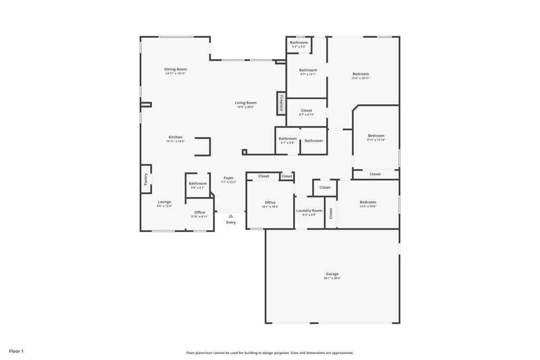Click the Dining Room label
pos(175,69)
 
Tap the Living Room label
pos(246,103)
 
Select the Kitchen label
pos(175,137)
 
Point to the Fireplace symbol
pos(281,103)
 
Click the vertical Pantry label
pos(146,179)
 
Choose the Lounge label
pos(164,202)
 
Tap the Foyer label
pos(228,178)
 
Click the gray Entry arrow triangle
pos(230,216)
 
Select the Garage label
pos(332,274)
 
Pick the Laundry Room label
pos(309,210)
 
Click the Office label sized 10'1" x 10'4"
pos(270,202)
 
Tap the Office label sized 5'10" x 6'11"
pos(199,212)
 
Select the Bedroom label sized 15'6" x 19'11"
pos(361,74)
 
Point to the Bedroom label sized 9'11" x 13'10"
pos(376,135)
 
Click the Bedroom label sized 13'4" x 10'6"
pos(368,202)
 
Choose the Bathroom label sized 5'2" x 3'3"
pos(299,42)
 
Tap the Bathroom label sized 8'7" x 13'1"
pos(308,70)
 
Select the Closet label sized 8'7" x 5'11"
pos(306,111)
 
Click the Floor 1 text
pos(16,351)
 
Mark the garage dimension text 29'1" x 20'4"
pos(332,278)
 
